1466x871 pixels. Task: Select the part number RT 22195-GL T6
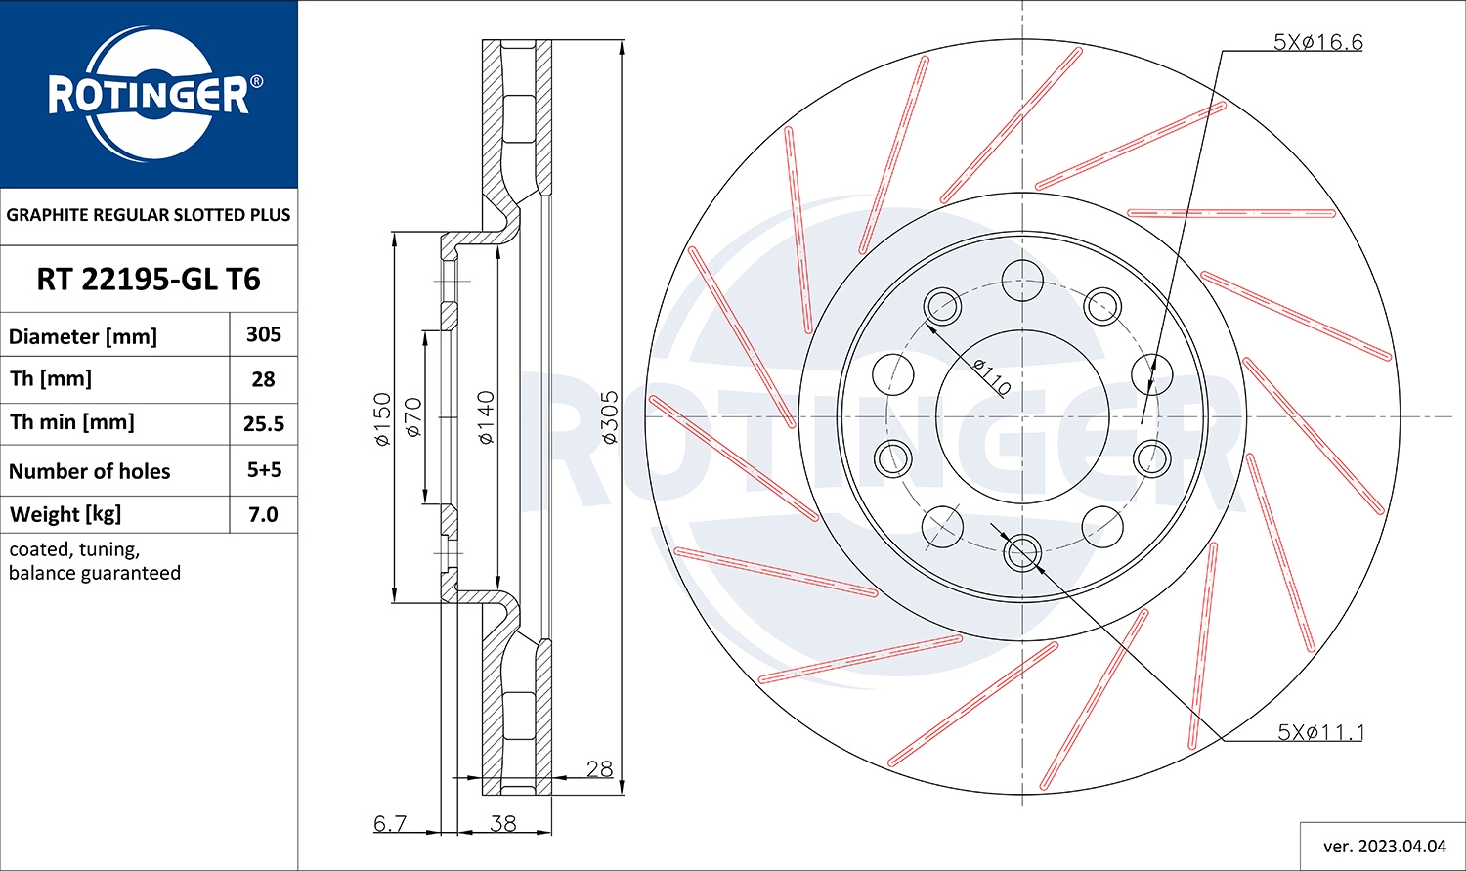149,280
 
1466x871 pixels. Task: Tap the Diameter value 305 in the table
264,334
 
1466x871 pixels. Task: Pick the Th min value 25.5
264,424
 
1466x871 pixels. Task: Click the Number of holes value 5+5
265,470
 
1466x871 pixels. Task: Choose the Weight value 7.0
263,514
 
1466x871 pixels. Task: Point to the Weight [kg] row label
65,514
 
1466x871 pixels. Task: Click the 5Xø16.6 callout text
1317,42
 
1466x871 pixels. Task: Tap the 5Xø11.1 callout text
1320,731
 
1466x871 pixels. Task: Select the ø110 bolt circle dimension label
992,377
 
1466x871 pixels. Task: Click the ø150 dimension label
382,418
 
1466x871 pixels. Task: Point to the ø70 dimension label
413,416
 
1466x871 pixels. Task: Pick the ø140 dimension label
486,417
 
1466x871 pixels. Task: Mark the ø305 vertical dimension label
609,417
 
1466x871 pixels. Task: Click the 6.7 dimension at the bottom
390,823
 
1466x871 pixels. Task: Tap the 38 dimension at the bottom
503,823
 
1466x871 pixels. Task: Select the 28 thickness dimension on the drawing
599,769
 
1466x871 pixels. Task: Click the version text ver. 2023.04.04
1385,847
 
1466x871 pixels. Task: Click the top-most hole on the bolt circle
1022,281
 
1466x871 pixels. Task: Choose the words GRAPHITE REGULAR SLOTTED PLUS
148,215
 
